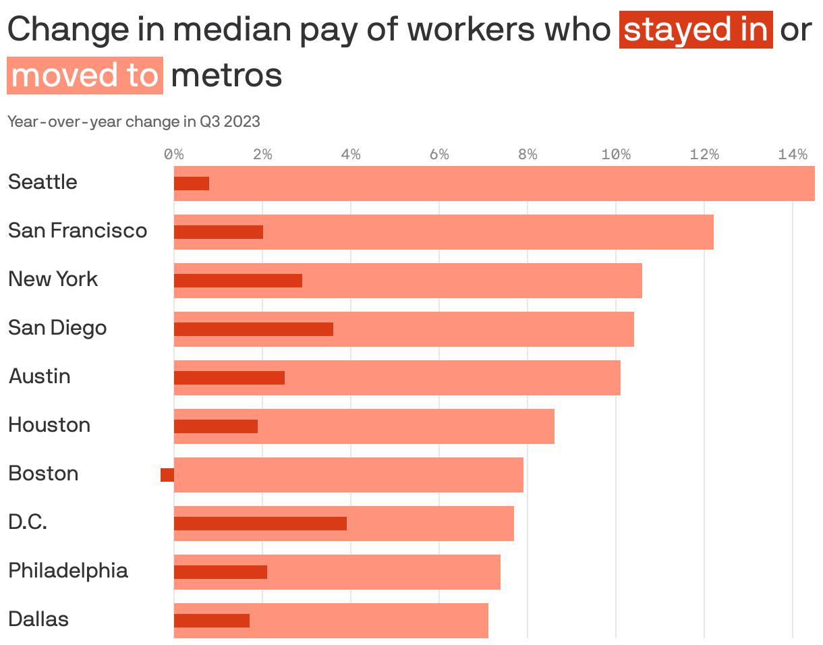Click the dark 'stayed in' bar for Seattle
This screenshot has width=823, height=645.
192,184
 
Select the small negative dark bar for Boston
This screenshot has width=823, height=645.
167,475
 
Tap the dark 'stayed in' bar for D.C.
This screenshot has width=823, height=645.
260,524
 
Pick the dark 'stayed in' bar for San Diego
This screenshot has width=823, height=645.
254,329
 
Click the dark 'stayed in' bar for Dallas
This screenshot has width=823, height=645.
212,621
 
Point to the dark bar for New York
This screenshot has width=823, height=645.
238,281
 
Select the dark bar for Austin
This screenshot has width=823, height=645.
229,378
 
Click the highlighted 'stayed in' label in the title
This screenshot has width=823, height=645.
696,30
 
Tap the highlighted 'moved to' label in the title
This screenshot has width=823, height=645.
85,76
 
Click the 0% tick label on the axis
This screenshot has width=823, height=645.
174,155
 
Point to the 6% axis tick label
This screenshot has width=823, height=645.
439,155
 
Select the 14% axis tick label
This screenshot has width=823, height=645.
793,155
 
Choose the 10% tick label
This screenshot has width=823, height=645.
616,155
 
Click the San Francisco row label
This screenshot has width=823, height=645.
78,231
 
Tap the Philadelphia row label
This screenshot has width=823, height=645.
68,571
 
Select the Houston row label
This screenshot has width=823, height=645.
49,425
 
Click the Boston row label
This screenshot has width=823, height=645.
43,474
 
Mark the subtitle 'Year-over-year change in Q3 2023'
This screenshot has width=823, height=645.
134,122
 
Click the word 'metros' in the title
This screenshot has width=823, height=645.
227,76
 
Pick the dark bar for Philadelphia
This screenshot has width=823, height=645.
221,572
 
